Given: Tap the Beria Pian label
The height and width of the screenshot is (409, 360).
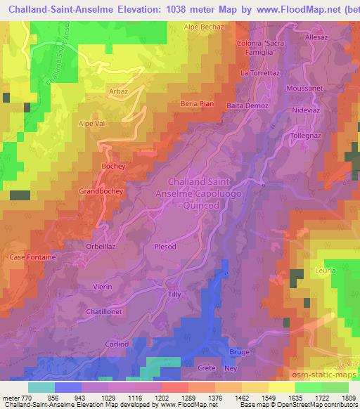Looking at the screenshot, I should tap(196, 103).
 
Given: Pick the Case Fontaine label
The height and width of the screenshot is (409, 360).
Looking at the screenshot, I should tap(32, 257).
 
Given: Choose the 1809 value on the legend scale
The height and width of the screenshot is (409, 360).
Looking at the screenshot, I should tap(349, 397).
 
